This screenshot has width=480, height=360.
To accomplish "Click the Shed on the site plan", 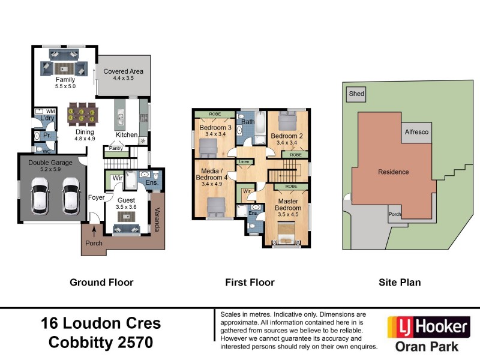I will [356, 94].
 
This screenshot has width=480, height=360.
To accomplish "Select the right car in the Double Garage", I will [70, 196].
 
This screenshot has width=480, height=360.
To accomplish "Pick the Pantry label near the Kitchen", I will [116, 148].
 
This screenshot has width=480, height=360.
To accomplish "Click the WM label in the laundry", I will [52, 111].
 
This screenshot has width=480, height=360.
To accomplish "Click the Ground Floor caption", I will [101, 282].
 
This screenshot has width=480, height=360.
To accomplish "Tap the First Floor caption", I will [250, 282].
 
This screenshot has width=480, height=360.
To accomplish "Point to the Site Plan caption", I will [400, 282].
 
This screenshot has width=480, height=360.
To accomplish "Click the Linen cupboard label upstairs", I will [244, 162].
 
